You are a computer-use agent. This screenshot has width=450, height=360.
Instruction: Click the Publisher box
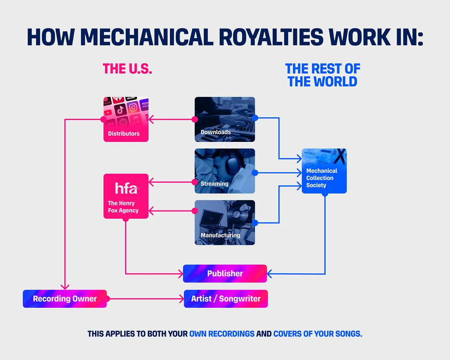click(x=225, y=274)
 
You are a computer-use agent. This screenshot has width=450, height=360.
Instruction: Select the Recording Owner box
click(x=65, y=299)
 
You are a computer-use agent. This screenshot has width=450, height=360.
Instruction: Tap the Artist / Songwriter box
click(x=226, y=299)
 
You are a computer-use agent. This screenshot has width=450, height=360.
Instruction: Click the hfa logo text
click(x=126, y=188)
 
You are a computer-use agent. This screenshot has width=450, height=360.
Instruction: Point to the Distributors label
click(x=124, y=134)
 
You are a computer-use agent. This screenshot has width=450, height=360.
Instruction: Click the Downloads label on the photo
click(x=216, y=132)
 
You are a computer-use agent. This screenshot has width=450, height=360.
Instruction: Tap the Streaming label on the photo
click(x=214, y=184)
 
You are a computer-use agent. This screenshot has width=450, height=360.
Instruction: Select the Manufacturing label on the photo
click(x=220, y=235)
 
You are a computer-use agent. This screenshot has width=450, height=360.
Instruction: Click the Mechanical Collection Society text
click(x=322, y=178)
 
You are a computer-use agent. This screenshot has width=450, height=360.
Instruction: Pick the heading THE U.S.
click(x=127, y=69)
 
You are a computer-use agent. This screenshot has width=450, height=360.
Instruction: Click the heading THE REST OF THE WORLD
click(x=323, y=75)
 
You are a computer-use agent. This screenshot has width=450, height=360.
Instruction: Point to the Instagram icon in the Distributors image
click(x=133, y=107)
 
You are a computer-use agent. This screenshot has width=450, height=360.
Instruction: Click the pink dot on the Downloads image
click(x=195, y=119)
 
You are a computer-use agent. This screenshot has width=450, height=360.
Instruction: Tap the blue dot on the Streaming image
click(x=255, y=173)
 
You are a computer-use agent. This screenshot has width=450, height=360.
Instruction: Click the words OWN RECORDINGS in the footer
click(x=222, y=334)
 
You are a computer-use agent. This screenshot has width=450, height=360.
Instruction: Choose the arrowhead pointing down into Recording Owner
click(x=65, y=287)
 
